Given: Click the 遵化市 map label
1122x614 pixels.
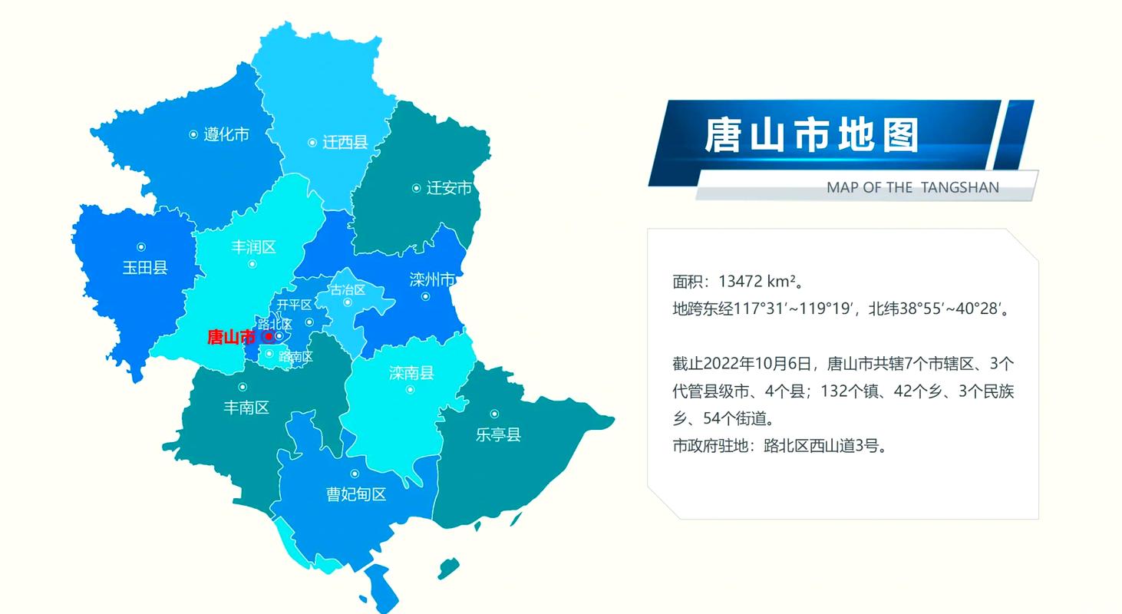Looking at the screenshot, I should pyautogui.click(x=226, y=135).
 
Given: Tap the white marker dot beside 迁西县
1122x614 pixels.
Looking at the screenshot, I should pyautogui.click(x=312, y=143).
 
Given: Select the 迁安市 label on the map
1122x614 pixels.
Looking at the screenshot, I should pyautogui.click(x=449, y=188).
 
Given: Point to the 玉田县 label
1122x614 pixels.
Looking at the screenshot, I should pyautogui.click(x=145, y=268).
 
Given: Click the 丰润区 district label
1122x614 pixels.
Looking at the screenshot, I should pyautogui.click(x=253, y=247).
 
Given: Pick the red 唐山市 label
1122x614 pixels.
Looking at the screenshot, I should pyautogui.click(x=231, y=337).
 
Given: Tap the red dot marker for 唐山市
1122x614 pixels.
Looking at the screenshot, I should pyautogui.click(x=268, y=337).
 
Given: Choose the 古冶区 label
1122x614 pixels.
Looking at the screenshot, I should pyautogui.click(x=348, y=289).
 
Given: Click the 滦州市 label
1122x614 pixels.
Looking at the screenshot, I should pyautogui.click(x=432, y=279).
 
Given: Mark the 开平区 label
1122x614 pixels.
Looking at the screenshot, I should pyautogui.click(x=294, y=305).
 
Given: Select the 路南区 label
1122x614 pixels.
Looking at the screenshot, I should pyautogui.click(x=295, y=357).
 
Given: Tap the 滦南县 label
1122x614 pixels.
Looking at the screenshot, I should pyautogui.click(x=411, y=373).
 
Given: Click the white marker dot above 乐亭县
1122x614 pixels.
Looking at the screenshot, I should pyautogui.click(x=494, y=414).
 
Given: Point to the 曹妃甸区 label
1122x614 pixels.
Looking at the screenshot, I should pyautogui.click(x=356, y=495).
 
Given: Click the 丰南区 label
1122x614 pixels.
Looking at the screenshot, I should pyautogui.click(x=246, y=408).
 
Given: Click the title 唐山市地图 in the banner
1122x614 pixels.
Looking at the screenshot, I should pyautogui.click(x=811, y=136).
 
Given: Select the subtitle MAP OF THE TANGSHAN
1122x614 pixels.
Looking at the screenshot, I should pyautogui.click(x=912, y=187).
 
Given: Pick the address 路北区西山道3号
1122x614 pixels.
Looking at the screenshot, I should pyautogui.click(x=825, y=446).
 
